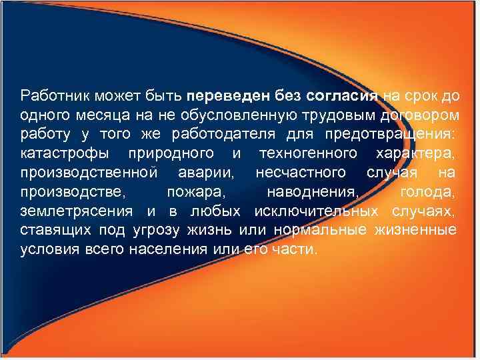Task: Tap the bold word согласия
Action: coord(347,97)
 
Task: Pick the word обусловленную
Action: coord(211,116)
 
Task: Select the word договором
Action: coord(417,116)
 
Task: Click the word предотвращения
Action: coord(391,135)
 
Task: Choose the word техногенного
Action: coord(300,155)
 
